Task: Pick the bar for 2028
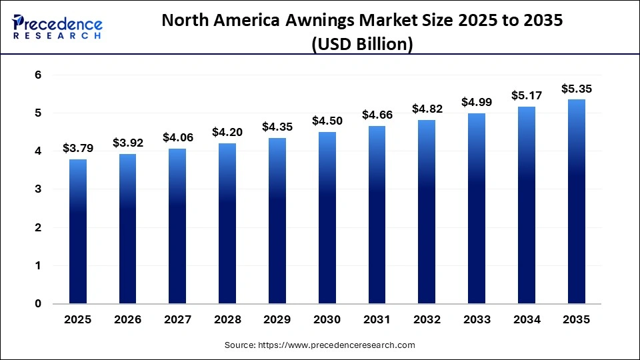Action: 227,223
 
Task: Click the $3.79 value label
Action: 77,148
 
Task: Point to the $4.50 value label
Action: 327,121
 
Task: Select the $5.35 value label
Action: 576,88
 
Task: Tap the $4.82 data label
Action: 427,109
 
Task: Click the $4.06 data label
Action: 177,137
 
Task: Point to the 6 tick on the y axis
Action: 39,75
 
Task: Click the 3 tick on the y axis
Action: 39,189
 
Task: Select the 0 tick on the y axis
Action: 39,304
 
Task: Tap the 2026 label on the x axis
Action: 127,320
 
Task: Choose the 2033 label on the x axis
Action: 477,320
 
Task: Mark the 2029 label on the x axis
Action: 277,320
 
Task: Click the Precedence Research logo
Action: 57,27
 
